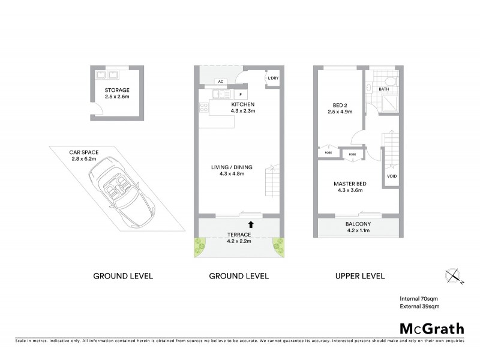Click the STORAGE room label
[116, 90]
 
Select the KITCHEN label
[243, 104]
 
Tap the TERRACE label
[238, 234]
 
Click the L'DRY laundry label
[272, 79]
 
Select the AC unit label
[221, 82]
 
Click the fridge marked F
[240, 94]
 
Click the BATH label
[385, 89]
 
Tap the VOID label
[392, 176]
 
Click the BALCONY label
[358, 224]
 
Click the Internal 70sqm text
[419, 298]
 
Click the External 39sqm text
[420, 307]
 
